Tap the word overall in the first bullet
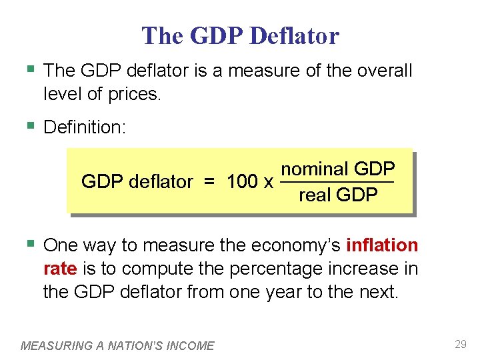click(382, 70)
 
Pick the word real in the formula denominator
click(315, 195)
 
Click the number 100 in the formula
click(242, 181)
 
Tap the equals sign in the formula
click(210, 181)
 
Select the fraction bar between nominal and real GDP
click(337, 182)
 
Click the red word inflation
click(382, 245)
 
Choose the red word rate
click(60, 269)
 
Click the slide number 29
click(460, 345)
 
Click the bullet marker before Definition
click(29, 126)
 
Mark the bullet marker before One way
click(29, 245)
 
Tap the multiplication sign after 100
click(268, 182)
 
